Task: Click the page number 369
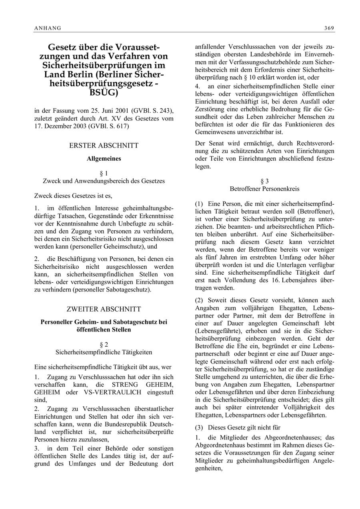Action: tap(330, 28)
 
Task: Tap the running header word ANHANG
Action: tap(48, 28)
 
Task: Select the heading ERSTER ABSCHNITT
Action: tap(104, 146)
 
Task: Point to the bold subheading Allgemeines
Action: tap(104, 158)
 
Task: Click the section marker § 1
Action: tap(104, 173)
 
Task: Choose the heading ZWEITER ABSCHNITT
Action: tap(104, 309)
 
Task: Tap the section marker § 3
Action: tap(264, 181)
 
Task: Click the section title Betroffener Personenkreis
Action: tap(264, 189)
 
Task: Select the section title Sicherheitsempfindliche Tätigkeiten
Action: tap(104, 352)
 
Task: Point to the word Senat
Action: tap(215, 143)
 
